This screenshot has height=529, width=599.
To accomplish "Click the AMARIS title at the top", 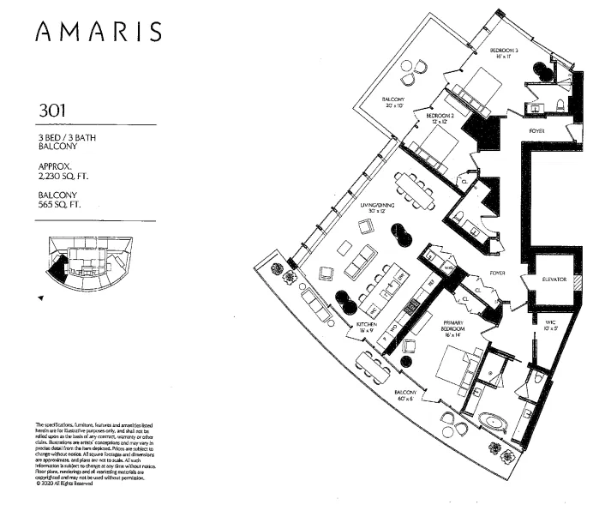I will tap(99, 32).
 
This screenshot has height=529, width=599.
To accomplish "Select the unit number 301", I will tap(53, 111).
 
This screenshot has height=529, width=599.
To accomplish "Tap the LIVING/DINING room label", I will tap(377, 206).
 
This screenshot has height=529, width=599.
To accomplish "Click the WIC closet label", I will tap(550, 323).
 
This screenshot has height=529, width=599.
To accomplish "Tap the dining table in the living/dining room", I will tap(415, 191).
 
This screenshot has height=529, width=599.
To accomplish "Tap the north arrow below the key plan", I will tap(40, 298).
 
